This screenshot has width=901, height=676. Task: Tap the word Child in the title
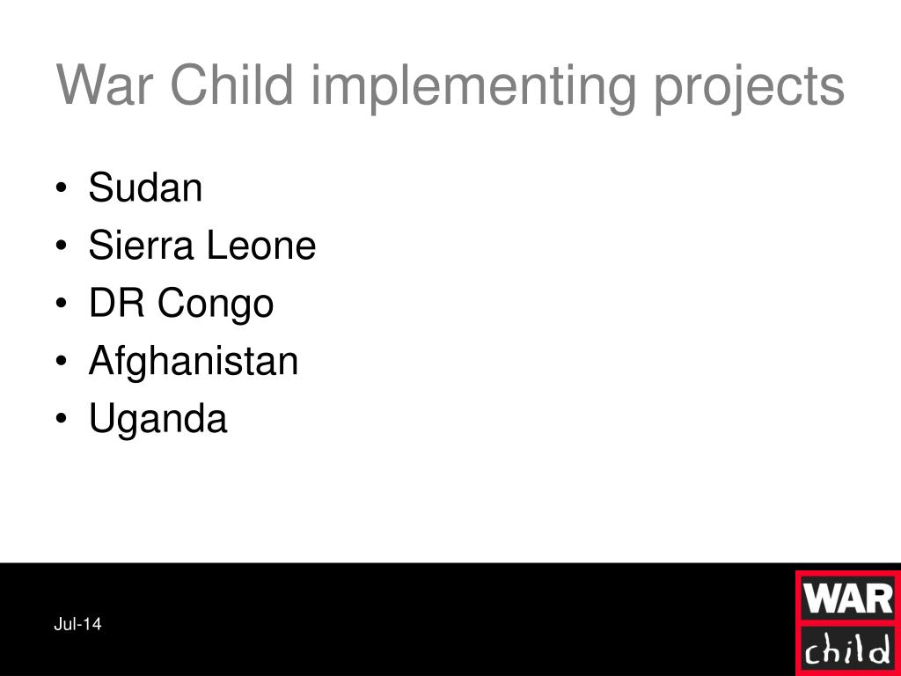point(229,86)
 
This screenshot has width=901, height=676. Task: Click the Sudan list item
point(145,188)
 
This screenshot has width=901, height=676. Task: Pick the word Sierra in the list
point(142,246)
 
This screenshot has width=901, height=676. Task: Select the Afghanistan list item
point(193,362)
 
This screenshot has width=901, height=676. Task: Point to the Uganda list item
point(157,420)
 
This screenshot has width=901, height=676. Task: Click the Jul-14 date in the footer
point(77,625)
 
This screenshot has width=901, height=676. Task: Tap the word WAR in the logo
point(847,600)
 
